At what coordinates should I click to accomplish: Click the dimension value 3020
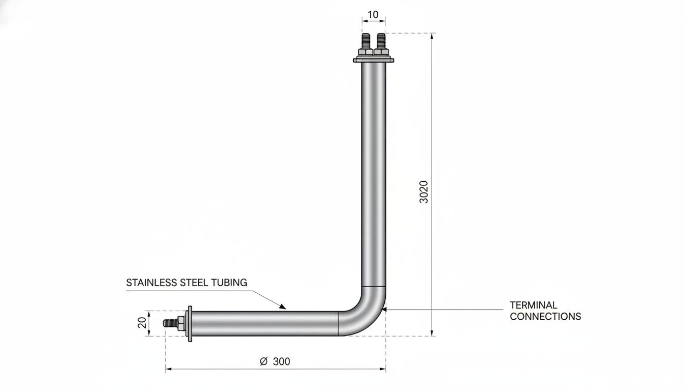(424, 192)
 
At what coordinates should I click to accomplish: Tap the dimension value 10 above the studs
(373, 14)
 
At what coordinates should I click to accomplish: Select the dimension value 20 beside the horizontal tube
(142, 323)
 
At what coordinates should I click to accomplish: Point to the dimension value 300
(281, 361)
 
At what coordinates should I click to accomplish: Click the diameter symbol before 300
(264, 361)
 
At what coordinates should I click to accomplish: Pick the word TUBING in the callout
(229, 283)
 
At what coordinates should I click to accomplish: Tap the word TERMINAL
(533, 305)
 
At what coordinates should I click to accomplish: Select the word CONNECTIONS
(545, 317)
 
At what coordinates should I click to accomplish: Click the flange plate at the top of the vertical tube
(374, 60)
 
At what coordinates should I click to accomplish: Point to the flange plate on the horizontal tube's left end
(190, 324)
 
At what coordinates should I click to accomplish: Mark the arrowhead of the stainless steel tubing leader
(282, 306)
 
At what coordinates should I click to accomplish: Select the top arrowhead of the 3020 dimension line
(432, 36)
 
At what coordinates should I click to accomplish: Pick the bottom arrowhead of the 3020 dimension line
(432, 332)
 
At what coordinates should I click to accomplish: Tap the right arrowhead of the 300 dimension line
(383, 369)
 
